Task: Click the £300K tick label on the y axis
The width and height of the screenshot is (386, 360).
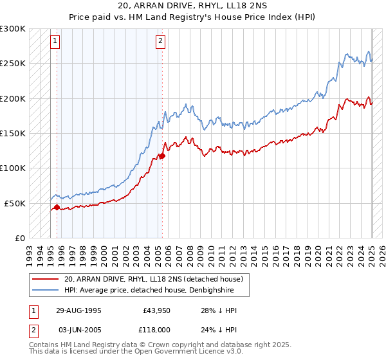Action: pos(13,29)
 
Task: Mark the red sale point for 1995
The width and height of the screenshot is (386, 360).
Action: pos(57,207)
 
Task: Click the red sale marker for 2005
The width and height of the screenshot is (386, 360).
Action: pos(163,156)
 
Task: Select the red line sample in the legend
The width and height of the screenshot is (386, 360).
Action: pos(45,279)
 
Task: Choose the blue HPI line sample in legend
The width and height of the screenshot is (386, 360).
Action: pos(45,290)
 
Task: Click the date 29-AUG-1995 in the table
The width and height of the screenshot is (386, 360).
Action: pos(79,310)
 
